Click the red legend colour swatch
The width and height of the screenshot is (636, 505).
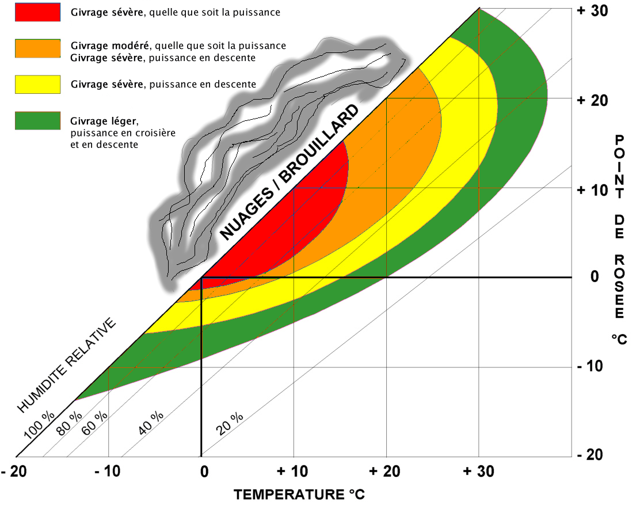[37, 12]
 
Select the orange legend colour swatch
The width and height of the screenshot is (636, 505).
[37, 49]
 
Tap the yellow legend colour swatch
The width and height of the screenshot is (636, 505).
[37, 84]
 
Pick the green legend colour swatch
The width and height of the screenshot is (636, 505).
[37, 120]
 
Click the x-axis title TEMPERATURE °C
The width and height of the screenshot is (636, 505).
[299, 494]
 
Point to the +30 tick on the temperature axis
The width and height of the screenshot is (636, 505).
[477, 472]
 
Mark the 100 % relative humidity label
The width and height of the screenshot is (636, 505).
[39, 424]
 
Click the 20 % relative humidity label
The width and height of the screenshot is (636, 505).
[230, 424]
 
